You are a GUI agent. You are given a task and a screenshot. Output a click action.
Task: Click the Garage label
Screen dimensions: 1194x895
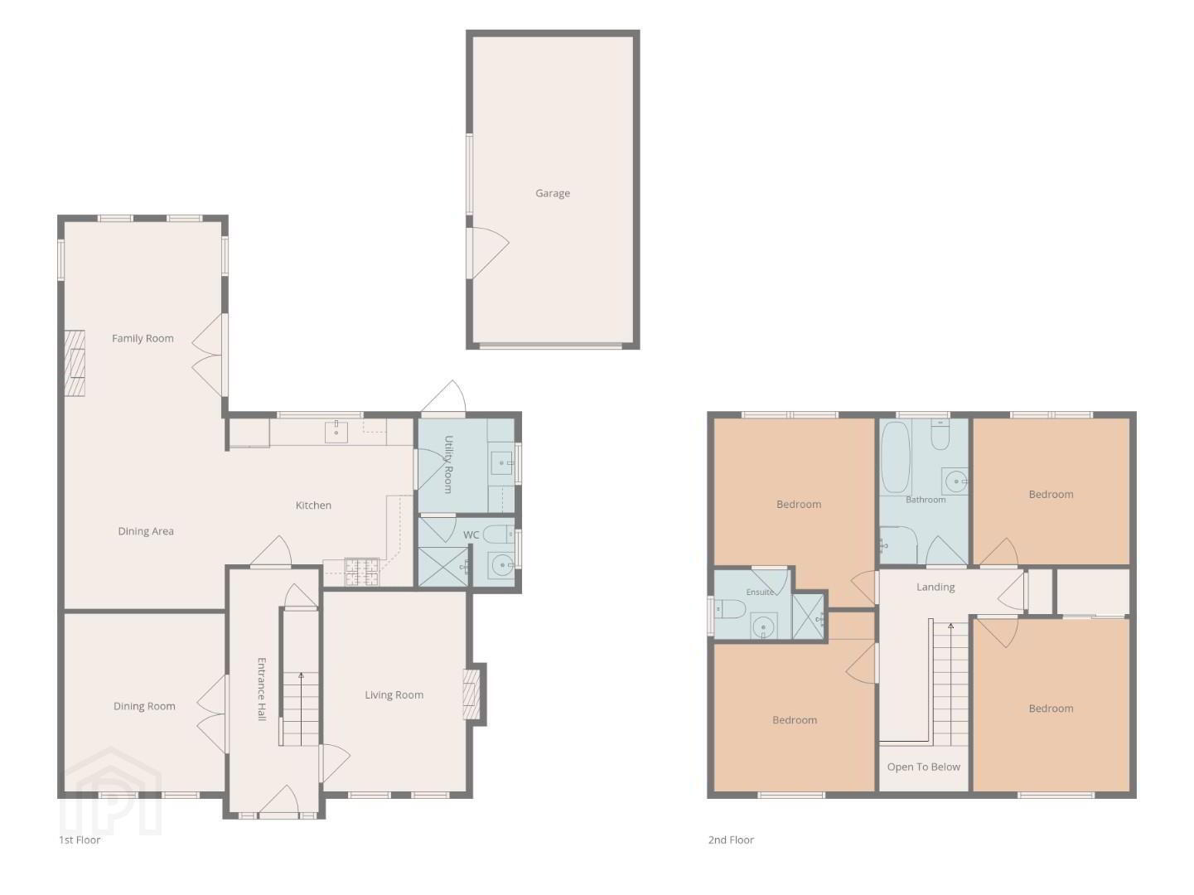coord(552,193)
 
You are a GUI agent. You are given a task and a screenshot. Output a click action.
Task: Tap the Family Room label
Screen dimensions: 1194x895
coord(143,338)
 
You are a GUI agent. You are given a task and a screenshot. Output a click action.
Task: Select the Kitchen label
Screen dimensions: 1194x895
coord(313,505)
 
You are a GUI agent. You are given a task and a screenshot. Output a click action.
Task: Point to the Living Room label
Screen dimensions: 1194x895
coord(394,694)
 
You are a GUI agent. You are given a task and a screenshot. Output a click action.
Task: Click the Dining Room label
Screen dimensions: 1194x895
coord(144,706)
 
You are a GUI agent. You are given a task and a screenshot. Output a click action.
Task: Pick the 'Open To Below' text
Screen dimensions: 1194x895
coord(923,767)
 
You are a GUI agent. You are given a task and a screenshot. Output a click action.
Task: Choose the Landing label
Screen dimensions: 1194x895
coord(935,587)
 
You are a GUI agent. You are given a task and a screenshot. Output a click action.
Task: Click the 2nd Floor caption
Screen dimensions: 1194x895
coord(731,840)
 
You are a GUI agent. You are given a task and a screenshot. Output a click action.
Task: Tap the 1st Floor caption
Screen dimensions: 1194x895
coord(80,840)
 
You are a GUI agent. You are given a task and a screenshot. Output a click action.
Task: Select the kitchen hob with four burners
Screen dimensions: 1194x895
coord(362,572)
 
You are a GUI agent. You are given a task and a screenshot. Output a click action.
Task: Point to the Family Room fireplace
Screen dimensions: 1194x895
coord(75,363)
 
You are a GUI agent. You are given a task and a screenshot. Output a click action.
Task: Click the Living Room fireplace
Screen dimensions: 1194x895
coord(471,694)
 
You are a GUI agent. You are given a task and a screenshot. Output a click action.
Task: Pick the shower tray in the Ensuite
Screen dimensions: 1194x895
coord(808,617)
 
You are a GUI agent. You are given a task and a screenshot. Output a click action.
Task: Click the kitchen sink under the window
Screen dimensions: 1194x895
coord(336,432)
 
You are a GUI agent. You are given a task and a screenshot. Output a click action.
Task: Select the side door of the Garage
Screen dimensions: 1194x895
coord(487,253)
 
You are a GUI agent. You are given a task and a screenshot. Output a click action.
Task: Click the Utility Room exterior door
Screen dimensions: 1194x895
coord(443,397)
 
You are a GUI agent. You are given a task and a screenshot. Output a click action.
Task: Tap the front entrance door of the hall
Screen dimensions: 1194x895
coord(279,801)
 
